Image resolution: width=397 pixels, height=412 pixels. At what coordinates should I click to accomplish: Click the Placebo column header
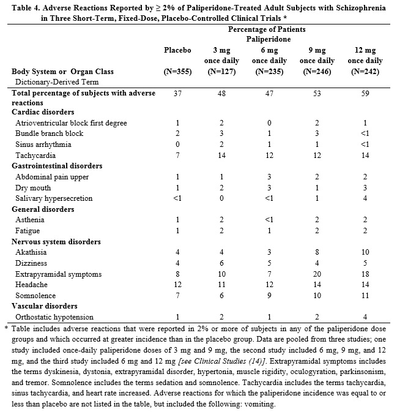coord(178,50)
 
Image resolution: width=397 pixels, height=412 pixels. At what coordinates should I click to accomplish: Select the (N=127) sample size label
coord(221,72)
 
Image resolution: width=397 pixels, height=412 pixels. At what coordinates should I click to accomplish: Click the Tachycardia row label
coord(35,155)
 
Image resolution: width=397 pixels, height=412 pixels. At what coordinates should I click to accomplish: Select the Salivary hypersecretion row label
coord(54,198)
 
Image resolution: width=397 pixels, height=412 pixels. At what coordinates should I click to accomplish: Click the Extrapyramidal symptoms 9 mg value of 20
coord(317,274)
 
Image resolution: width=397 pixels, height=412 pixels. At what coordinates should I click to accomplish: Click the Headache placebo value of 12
coord(178,285)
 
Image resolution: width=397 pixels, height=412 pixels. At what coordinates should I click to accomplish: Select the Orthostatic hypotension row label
coord(54,317)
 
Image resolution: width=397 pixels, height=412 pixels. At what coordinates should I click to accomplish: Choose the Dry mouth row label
coord(34,188)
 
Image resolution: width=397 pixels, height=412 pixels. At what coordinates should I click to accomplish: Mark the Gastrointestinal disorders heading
coord(57,166)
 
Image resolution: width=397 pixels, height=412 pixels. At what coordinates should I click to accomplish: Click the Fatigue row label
coord(28,231)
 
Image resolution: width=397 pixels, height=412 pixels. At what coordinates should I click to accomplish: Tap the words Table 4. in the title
coord(21,7)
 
